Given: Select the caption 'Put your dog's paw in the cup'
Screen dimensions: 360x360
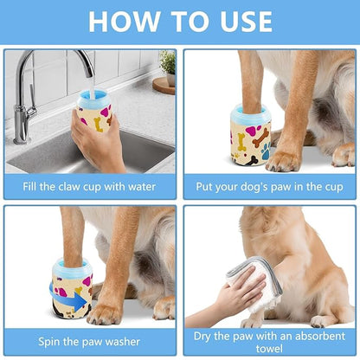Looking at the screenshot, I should pyautogui.click(x=270, y=186).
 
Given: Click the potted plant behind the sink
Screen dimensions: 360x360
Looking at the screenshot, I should pyautogui.click(x=167, y=65).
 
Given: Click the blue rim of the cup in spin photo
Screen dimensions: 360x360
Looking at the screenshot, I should pyautogui.click(x=70, y=266).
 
